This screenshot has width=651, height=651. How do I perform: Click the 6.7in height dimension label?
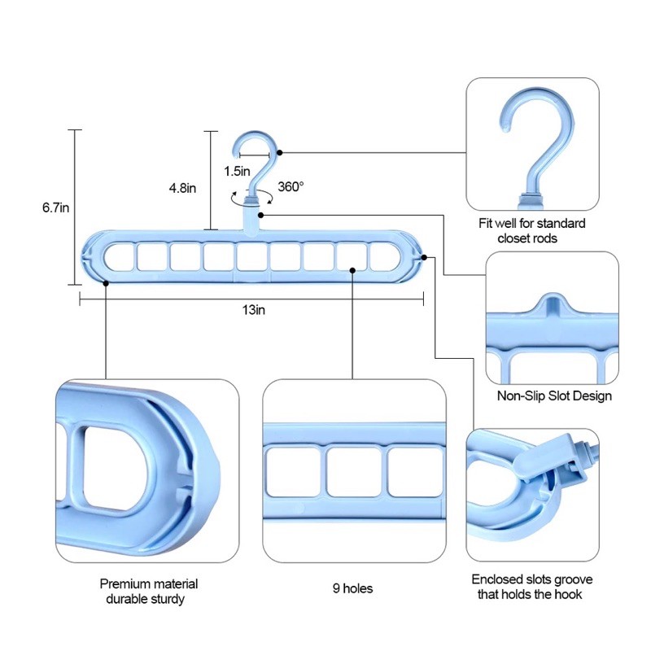(x=55, y=208)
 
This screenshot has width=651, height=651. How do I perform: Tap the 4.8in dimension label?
(x=182, y=188)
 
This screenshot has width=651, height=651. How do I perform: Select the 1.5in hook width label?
(x=237, y=171)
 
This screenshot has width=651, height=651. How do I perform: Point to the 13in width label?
(x=254, y=310)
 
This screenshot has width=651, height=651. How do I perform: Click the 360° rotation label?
(x=291, y=186)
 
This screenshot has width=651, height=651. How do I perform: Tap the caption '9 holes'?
(x=352, y=588)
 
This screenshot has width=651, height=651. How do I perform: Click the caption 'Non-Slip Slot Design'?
(x=554, y=395)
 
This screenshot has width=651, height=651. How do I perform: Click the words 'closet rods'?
(x=527, y=238)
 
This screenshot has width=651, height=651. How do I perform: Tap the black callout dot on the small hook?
(x=280, y=153)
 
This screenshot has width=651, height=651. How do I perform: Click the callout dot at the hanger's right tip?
(x=424, y=257)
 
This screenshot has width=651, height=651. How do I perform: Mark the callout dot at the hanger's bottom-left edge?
(x=106, y=283)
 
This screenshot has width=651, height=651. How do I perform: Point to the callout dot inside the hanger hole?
(x=352, y=270)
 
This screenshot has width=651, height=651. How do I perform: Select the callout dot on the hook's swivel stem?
(x=260, y=215)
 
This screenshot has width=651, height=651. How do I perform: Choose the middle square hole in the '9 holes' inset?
(x=354, y=472)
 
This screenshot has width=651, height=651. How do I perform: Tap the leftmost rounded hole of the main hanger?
(x=119, y=257)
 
